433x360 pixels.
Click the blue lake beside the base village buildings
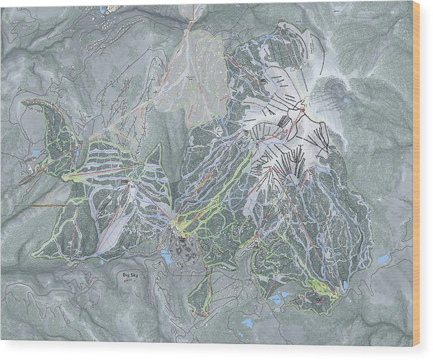click(166, 257)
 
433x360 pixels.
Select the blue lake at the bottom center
click(247, 323)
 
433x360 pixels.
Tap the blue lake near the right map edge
click(383, 259)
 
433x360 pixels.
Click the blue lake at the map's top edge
click(103, 10)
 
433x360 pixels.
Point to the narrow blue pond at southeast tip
click(344, 285)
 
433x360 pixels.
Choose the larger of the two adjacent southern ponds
click(276, 300)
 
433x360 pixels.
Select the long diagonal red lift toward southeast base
click(298, 222)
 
